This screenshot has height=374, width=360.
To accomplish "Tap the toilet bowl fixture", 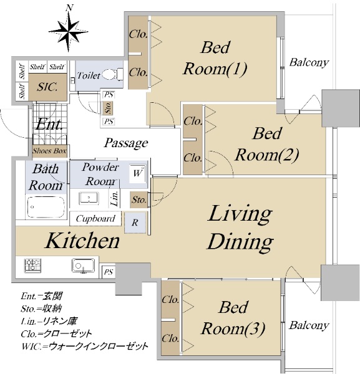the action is pos(113,74).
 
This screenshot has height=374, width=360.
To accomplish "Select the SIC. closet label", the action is pos(47,87).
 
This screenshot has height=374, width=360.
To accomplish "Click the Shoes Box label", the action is pos(50,151).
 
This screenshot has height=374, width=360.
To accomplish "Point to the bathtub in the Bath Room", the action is pos(46,207).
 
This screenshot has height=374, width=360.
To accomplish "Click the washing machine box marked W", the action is pos(138,173).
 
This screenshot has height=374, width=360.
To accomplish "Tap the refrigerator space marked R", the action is pos(135,223).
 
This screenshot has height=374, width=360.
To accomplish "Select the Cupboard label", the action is pos(95,219).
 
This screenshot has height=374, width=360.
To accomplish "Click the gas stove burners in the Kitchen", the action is pos(32,266).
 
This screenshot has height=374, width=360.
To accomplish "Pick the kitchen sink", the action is pos(84,266).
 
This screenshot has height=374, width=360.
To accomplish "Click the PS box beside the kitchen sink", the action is pos(108,272).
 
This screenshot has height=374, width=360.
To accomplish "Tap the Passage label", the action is pos(126,143).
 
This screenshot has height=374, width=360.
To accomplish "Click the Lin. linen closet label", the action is pos(115,198).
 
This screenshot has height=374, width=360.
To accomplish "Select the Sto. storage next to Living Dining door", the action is pos(139,199).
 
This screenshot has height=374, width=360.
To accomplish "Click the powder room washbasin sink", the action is pos(89,198).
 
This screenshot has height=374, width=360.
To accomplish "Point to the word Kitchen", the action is pos(82,241).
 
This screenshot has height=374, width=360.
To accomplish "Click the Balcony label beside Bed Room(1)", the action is pos(309,62).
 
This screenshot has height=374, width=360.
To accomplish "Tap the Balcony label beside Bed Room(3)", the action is pos(309,325).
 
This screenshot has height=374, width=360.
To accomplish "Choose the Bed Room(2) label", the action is pos(267,145).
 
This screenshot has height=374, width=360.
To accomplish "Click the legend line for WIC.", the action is pos(85,346).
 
